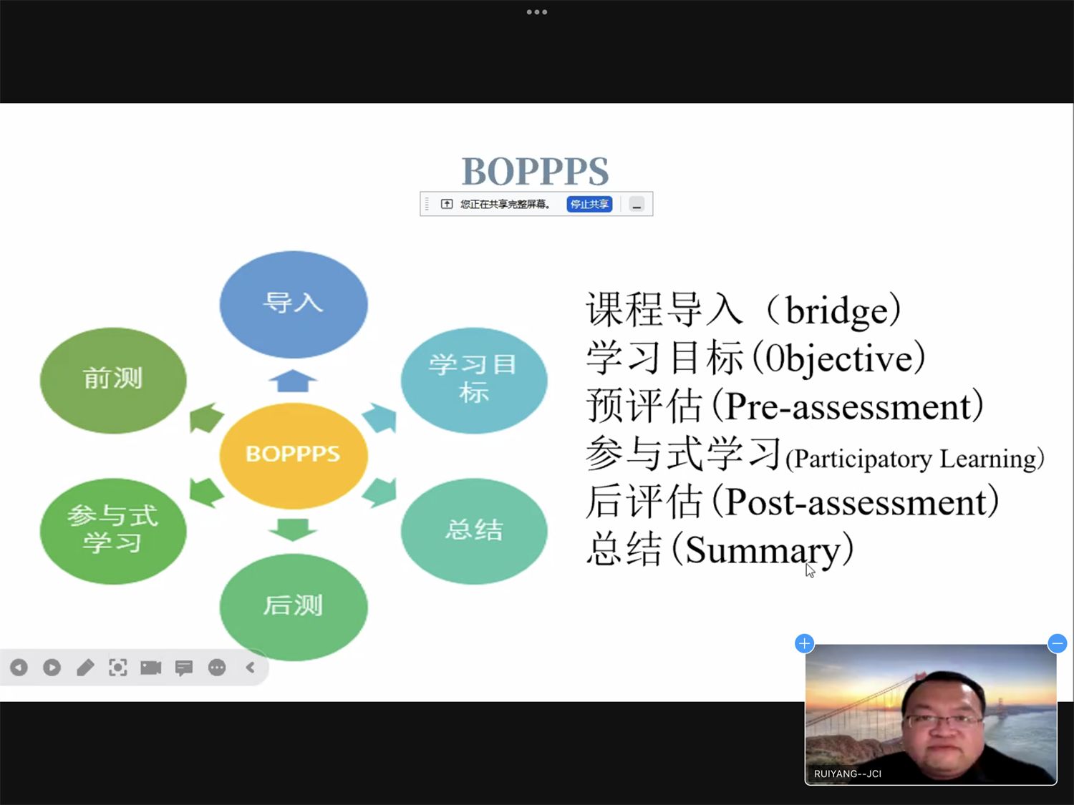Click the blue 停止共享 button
pyautogui.click(x=589, y=204)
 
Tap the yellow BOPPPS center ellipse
pyautogui.click(x=293, y=455)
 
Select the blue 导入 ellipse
pyautogui.click(x=293, y=304)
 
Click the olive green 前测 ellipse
pyautogui.click(x=113, y=380)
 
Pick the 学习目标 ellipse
pyautogui.click(x=474, y=380)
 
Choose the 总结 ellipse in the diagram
pyautogui.click(x=474, y=531)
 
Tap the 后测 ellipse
pyautogui.click(x=293, y=607)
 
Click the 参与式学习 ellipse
pyautogui.click(x=113, y=531)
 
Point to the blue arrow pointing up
pyautogui.click(x=293, y=381)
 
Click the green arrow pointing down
pyautogui.click(x=293, y=530)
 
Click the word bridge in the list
pyautogui.click(x=837, y=311)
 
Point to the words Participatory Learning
pyautogui.click(x=914, y=459)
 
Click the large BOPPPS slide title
pyautogui.click(x=536, y=172)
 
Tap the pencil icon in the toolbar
pyautogui.click(x=85, y=667)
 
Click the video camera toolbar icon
pyautogui.click(x=150, y=667)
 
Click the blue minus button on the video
pyautogui.click(x=1057, y=643)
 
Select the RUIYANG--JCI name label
pyautogui.click(x=848, y=774)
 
